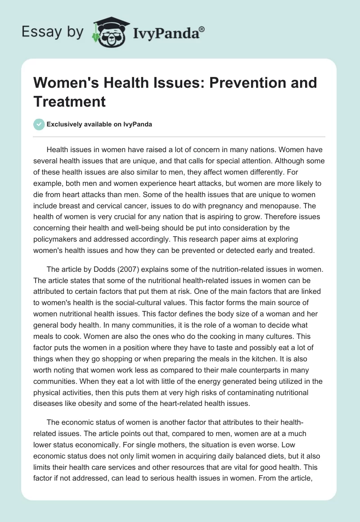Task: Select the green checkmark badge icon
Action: coord(39,124)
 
